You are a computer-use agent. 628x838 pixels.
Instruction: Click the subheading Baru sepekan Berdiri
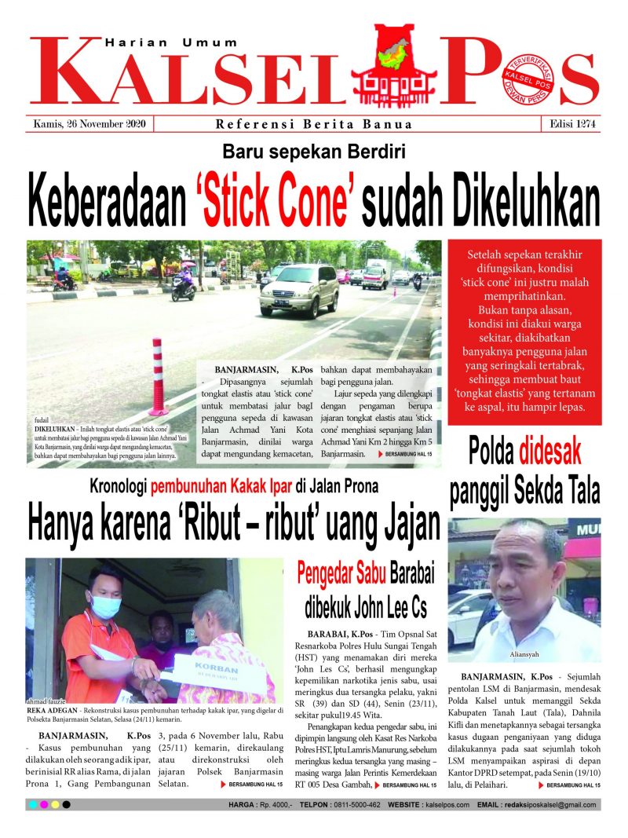[313, 152]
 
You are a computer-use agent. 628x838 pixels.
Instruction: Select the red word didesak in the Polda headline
[550, 452]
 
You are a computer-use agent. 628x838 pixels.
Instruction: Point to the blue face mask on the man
[106, 606]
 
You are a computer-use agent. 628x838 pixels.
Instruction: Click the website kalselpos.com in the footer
[444, 805]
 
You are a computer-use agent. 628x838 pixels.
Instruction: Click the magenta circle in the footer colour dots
[43, 805]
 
